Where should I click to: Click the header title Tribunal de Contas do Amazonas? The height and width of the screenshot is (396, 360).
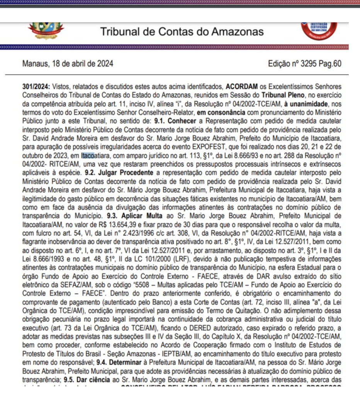tap(182, 32)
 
